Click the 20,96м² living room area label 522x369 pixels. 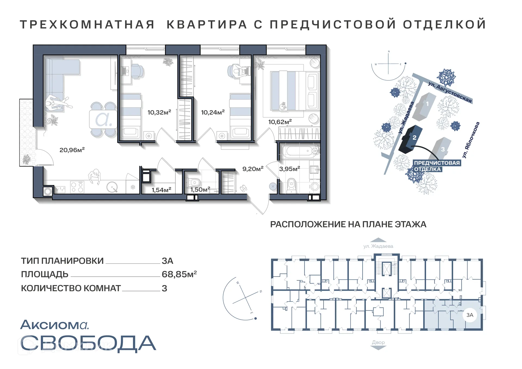[72, 150]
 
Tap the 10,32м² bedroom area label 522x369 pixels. [159, 112]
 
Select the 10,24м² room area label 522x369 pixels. [213, 112]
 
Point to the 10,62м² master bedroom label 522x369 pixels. [280, 122]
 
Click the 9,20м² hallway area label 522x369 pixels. [253, 169]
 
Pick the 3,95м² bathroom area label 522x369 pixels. [289, 169]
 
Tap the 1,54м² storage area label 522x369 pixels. [161, 190]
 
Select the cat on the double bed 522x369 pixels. [283, 106]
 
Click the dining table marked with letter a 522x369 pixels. [103, 119]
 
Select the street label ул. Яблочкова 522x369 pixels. [471, 140]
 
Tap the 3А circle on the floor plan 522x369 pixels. [470, 315]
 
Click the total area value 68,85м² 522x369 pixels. [179, 274]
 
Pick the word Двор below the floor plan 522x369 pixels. [378, 342]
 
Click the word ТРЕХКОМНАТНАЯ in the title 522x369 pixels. [87, 24]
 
